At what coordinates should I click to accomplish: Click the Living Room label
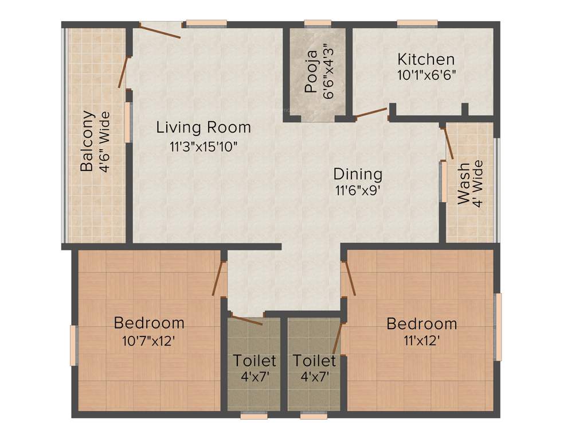tap(204, 127)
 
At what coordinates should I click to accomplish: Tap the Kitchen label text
tap(426, 59)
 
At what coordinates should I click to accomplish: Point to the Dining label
tap(358, 173)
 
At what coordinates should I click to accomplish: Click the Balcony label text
tap(87, 141)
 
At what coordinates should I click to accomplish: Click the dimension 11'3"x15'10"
tap(204, 146)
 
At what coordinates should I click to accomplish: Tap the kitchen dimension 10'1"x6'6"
tap(426, 75)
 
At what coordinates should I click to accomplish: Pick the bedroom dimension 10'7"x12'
tap(148, 341)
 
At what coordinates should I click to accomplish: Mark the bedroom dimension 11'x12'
tap(421, 341)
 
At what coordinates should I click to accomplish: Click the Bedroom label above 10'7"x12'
tap(149, 322)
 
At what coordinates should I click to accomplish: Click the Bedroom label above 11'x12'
tap(422, 324)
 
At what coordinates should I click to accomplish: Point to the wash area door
tap(449, 142)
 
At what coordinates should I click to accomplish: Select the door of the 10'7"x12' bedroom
tap(218, 278)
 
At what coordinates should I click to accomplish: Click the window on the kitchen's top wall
tap(417, 24)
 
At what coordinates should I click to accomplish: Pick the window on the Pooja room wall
tap(318, 24)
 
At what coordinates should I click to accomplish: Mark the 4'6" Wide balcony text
tap(104, 141)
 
